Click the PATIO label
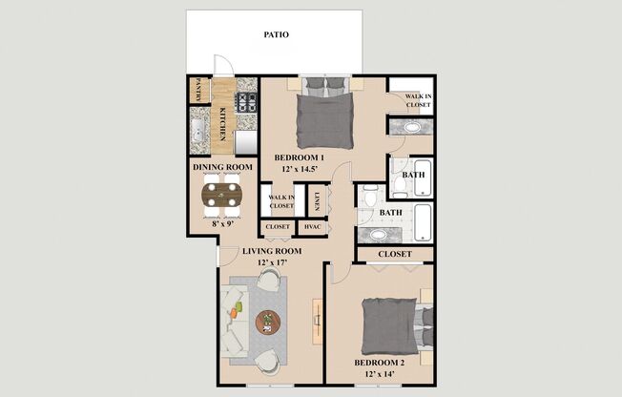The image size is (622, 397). point(276,35)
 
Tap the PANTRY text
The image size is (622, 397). point(198,90)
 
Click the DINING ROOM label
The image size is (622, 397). point(222,168)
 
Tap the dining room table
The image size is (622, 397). point(223,196)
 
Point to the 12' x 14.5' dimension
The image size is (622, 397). point(300,169)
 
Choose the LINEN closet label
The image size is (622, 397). point(316,200)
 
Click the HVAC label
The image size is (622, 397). point(311,227)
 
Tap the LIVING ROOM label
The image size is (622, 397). point(271,251)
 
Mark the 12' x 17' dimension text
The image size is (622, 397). point(271,263)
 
